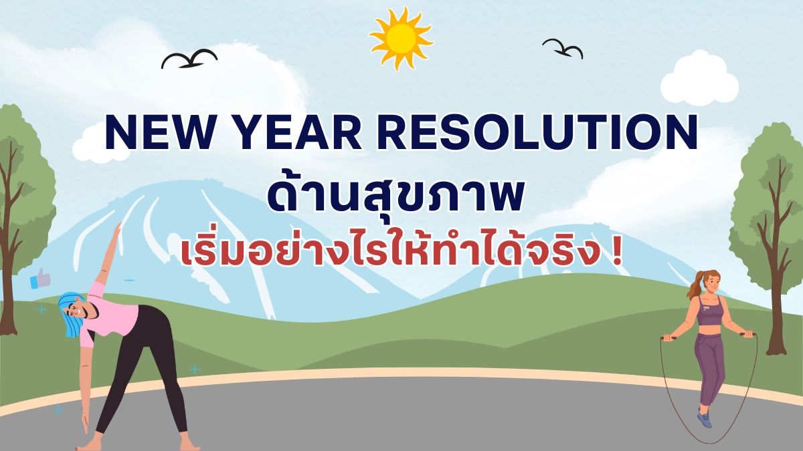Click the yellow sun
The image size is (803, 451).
401,38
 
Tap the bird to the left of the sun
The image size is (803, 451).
189,60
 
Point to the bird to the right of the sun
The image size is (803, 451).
563,48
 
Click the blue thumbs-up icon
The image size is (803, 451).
40,279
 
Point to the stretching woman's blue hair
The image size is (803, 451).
71,315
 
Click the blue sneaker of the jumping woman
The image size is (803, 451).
705,420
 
